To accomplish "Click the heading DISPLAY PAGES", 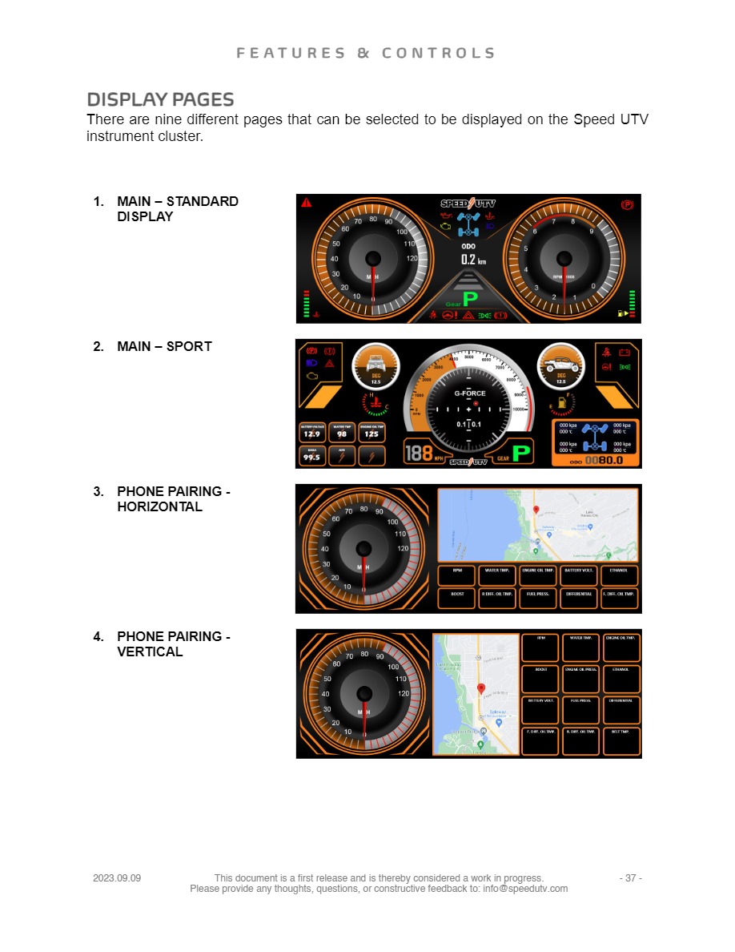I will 160,100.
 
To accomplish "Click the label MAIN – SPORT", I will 164,346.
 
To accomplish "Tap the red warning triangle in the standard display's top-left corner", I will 306,203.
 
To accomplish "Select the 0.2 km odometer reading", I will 468,260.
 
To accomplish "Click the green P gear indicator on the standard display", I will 470,300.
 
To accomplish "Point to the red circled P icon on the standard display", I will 627,204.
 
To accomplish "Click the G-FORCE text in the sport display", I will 470,393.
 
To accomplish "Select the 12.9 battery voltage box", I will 311,433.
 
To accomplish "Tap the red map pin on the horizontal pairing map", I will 536,510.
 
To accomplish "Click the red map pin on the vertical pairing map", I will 481,688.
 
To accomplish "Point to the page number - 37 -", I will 630,878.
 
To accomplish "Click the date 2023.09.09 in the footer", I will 117,878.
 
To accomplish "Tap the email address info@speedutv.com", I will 525,889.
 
